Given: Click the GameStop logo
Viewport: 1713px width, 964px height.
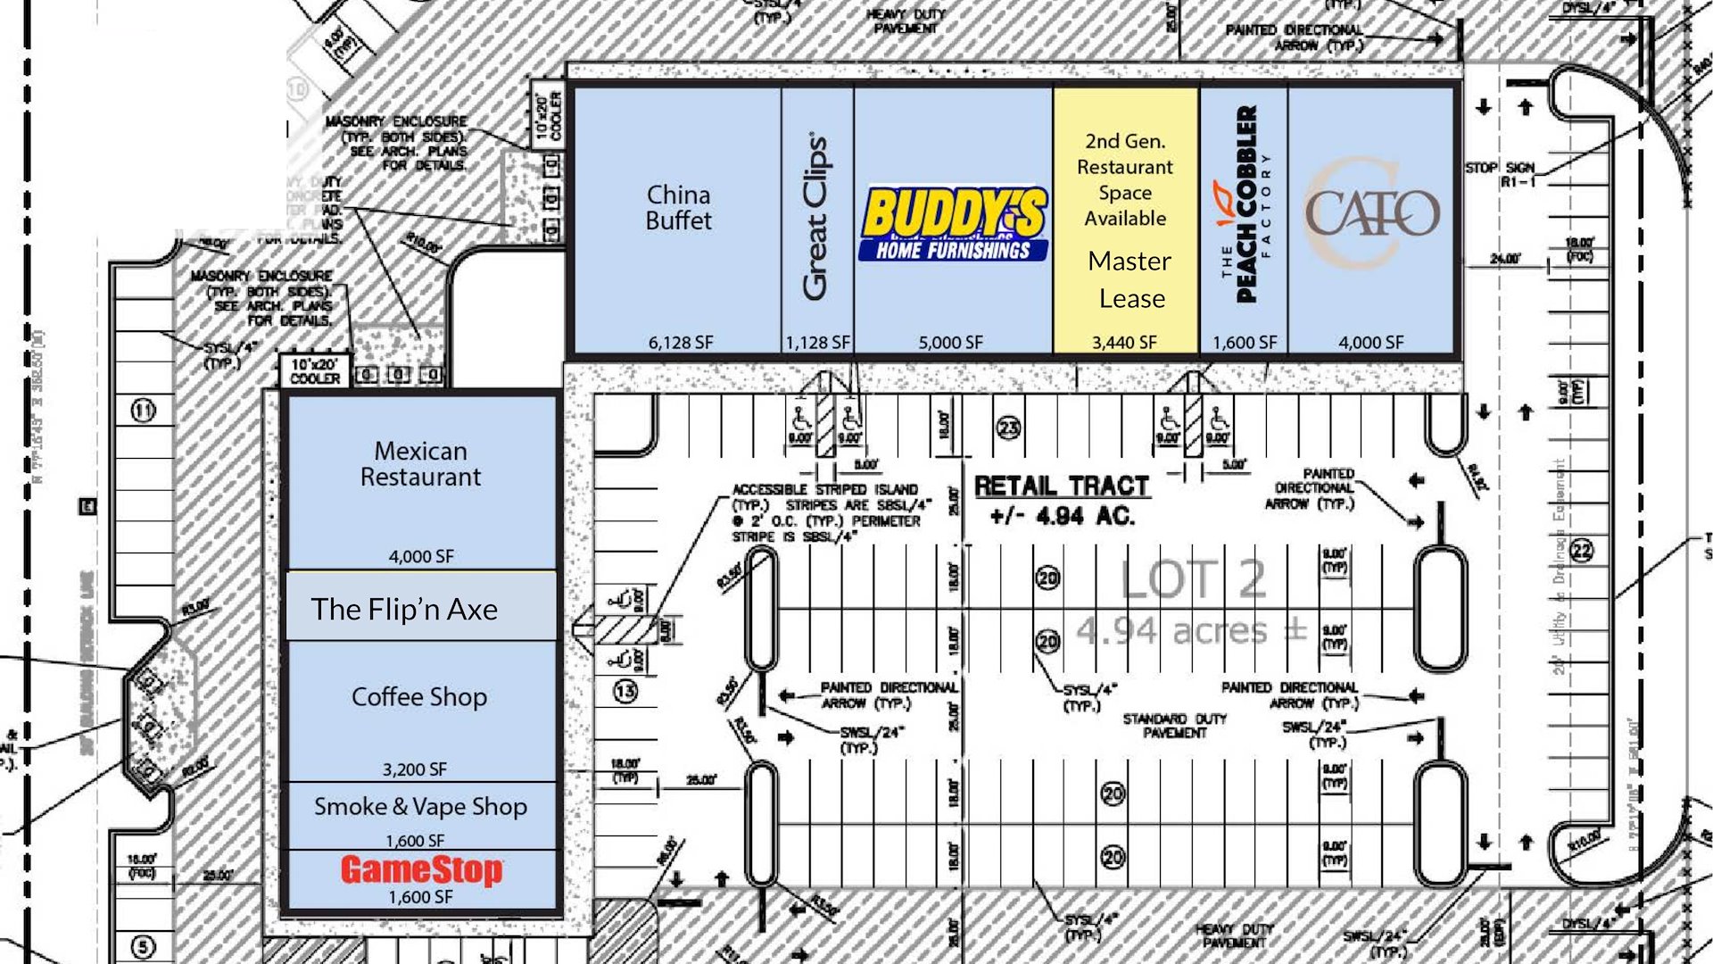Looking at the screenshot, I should click(421, 869).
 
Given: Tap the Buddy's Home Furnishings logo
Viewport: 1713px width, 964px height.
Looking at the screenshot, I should click(953, 223).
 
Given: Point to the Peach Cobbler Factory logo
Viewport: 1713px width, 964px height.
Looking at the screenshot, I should click(1244, 204).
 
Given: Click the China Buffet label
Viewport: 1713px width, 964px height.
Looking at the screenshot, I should click(678, 208).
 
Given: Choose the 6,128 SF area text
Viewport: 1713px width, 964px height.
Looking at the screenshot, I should click(680, 342).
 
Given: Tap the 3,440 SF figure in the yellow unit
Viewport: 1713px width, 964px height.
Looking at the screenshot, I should click(1124, 342).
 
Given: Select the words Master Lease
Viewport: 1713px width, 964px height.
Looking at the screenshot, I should click(1130, 279).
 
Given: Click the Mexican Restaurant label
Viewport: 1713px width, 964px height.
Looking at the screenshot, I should click(420, 464).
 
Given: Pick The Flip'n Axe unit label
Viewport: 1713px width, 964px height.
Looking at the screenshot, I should click(404, 609).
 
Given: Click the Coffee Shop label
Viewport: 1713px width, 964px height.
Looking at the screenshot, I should click(419, 696).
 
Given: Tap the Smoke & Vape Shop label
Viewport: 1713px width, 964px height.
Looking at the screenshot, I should click(420, 807).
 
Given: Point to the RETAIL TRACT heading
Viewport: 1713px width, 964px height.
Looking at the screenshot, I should click(1062, 486).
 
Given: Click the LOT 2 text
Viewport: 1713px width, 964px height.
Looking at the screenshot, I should click(1193, 579).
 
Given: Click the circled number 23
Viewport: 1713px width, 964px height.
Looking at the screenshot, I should click(1008, 428).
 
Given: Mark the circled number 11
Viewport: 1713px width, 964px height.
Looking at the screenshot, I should click(144, 411).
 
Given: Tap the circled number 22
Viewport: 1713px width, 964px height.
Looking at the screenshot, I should click(1582, 551).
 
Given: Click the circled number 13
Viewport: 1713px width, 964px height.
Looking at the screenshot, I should click(625, 691).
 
